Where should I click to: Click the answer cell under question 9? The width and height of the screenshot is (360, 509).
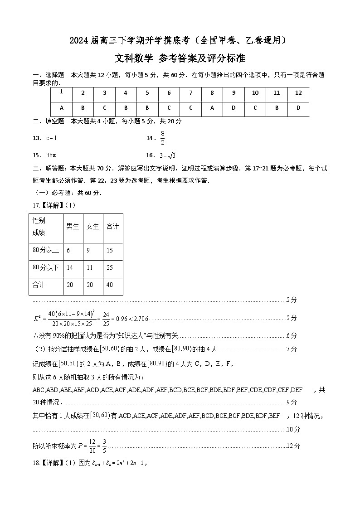pyautogui.click(x=234, y=109)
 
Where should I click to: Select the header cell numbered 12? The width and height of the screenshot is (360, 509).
pyautogui.click(x=298, y=93)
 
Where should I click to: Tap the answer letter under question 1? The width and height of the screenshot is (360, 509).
pyautogui.click(x=61, y=109)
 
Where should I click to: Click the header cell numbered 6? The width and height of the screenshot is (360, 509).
pyautogui.click(x=169, y=93)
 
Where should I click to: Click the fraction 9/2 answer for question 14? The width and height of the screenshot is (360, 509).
pyautogui.click(x=162, y=138)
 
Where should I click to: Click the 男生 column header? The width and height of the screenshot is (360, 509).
pyautogui.click(x=73, y=227)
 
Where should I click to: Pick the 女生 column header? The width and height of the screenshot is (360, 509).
pyautogui.click(x=92, y=227)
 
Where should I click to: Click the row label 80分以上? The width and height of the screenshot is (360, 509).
pyautogui.click(x=46, y=250)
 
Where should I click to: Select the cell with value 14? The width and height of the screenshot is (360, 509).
pyautogui.click(x=70, y=268)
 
